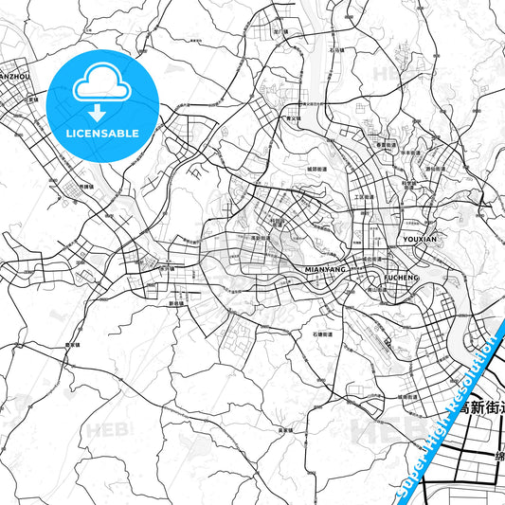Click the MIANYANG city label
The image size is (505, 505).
pos(324,270)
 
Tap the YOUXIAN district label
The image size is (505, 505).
pos(420,241)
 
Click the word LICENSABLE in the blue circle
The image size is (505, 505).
pos(102,133)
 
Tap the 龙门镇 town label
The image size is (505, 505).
pos(280,32)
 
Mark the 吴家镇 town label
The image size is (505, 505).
pos(284,431)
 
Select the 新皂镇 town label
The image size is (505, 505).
pos(174,303)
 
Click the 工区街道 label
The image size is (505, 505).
pos(365,198)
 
